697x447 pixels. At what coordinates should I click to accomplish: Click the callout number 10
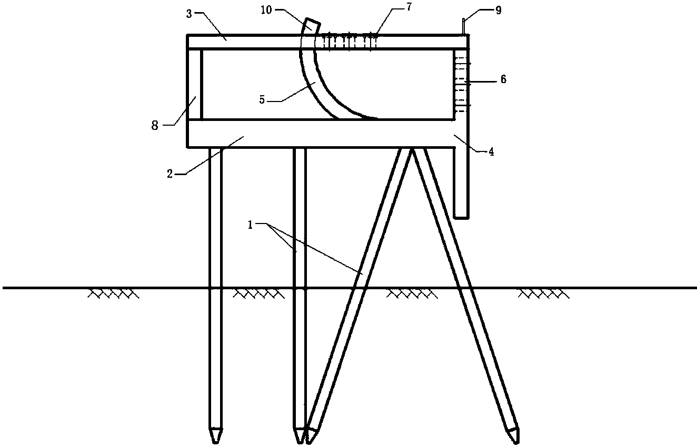click(x=266, y=11)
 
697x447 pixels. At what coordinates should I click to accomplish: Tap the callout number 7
click(x=409, y=7)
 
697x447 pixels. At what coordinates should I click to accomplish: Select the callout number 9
click(x=498, y=11)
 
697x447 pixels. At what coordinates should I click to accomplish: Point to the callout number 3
click(x=189, y=14)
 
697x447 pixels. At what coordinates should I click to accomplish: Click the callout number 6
click(x=503, y=79)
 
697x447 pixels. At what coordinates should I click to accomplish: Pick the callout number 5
click(x=262, y=100)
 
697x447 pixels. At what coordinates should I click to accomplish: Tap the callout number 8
click(x=155, y=126)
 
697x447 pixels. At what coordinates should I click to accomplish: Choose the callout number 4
click(x=491, y=151)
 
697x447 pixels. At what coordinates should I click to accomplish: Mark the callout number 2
click(x=170, y=174)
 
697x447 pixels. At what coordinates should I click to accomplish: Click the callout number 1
click(x=251, y=225)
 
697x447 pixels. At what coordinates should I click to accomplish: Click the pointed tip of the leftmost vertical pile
click(x=216, y=443)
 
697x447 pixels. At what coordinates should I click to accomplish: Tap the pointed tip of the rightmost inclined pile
click(x=517, y=443)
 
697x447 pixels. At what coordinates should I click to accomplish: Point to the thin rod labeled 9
click(x=464, y=26)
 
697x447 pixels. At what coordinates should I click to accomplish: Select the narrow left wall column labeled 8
click(x=195, y=84)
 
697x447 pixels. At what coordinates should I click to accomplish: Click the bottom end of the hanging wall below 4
click(x=461, y=218)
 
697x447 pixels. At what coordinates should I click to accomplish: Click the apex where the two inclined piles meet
click(x=412, y=149)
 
